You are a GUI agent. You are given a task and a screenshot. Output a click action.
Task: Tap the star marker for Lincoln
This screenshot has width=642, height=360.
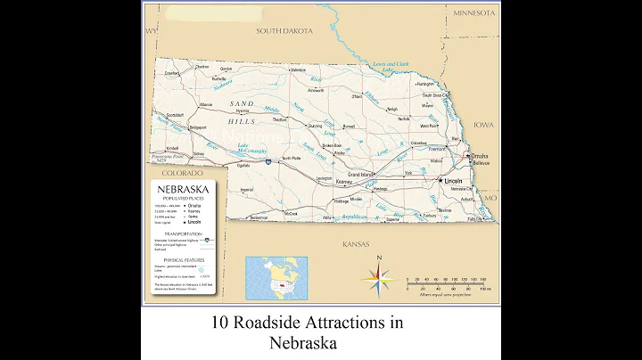tap(439, 181)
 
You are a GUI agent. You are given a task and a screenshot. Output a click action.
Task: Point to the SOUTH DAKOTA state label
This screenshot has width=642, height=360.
tap(284, 30)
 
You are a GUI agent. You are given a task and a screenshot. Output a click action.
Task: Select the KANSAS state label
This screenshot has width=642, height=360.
tap(355, 242)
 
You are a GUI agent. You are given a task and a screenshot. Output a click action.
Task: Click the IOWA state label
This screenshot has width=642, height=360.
tap(483, 126)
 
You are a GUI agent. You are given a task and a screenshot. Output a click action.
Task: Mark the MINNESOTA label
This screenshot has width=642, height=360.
tap(473, 13)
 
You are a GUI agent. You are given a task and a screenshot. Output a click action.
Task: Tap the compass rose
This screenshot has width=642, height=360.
tap(379, 280)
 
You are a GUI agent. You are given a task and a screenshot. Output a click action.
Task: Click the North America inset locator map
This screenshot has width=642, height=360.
tap(276, 278)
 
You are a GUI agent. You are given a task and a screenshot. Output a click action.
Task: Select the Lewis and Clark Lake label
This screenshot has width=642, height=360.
tap(391, 66)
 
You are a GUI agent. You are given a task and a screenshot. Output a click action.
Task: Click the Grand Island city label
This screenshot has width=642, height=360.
tap(360, 174)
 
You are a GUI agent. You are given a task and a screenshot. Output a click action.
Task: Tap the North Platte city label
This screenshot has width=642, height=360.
tap(291, 159)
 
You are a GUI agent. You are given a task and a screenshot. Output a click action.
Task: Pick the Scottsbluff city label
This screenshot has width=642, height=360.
tap(174, 115)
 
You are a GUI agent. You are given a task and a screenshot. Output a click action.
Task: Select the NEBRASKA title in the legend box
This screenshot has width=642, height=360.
tap(182, 189)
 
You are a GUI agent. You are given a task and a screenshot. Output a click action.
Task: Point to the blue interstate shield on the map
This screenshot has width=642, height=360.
tap(268, 162)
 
